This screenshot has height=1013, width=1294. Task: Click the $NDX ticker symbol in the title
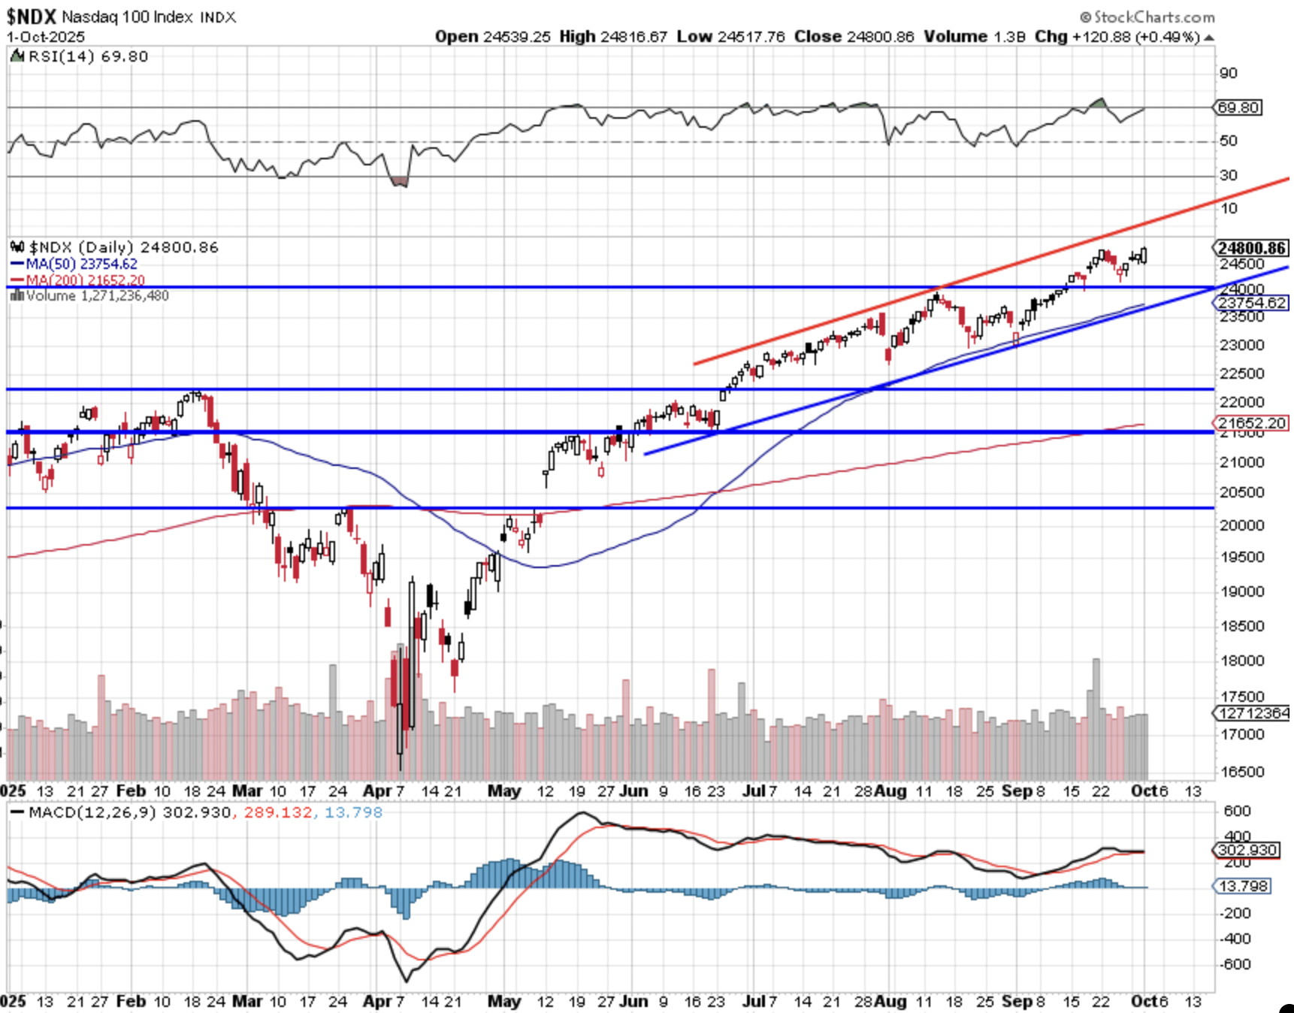(x=32, y=16)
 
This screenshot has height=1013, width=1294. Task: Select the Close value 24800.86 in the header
(x=880, y=37)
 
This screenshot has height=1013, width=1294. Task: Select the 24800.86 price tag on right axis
(x=1252, y=248)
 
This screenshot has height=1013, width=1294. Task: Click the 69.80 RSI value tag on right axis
(x=1238, y=107)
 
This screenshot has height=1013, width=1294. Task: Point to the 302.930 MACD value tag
(x=1247, y=850)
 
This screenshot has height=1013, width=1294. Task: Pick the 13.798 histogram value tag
(x=1243, y=887)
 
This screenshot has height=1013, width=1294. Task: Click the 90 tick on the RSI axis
(x=1228, y=73)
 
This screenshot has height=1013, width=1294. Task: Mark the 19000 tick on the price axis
(x=1241, y=591)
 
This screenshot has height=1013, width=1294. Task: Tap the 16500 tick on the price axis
(x=1241, y=772)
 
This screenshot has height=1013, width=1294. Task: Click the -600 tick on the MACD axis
(x=1236, y=964)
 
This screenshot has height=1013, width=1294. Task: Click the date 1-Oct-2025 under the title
(x=46, y=37)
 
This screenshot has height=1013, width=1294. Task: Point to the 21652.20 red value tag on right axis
(x=1252, y=423)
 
